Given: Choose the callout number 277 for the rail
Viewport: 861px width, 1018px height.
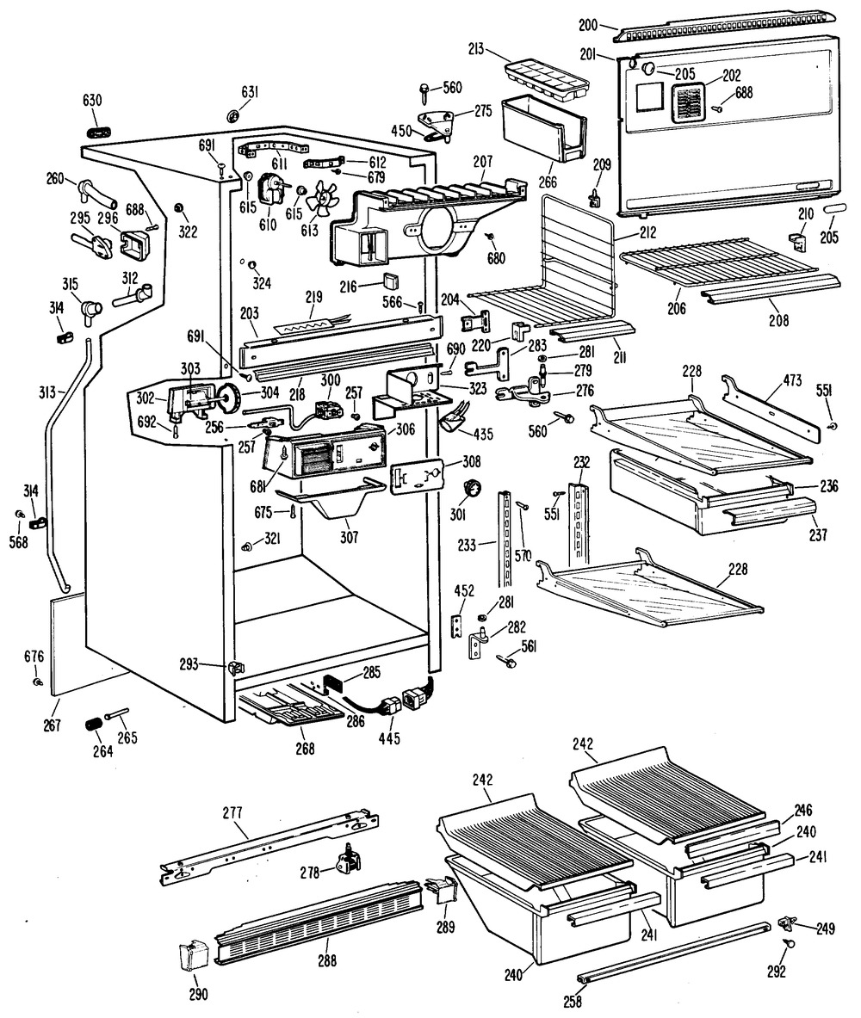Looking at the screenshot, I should click(232, 811).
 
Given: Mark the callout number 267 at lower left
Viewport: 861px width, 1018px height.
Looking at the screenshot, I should click(52, 725).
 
